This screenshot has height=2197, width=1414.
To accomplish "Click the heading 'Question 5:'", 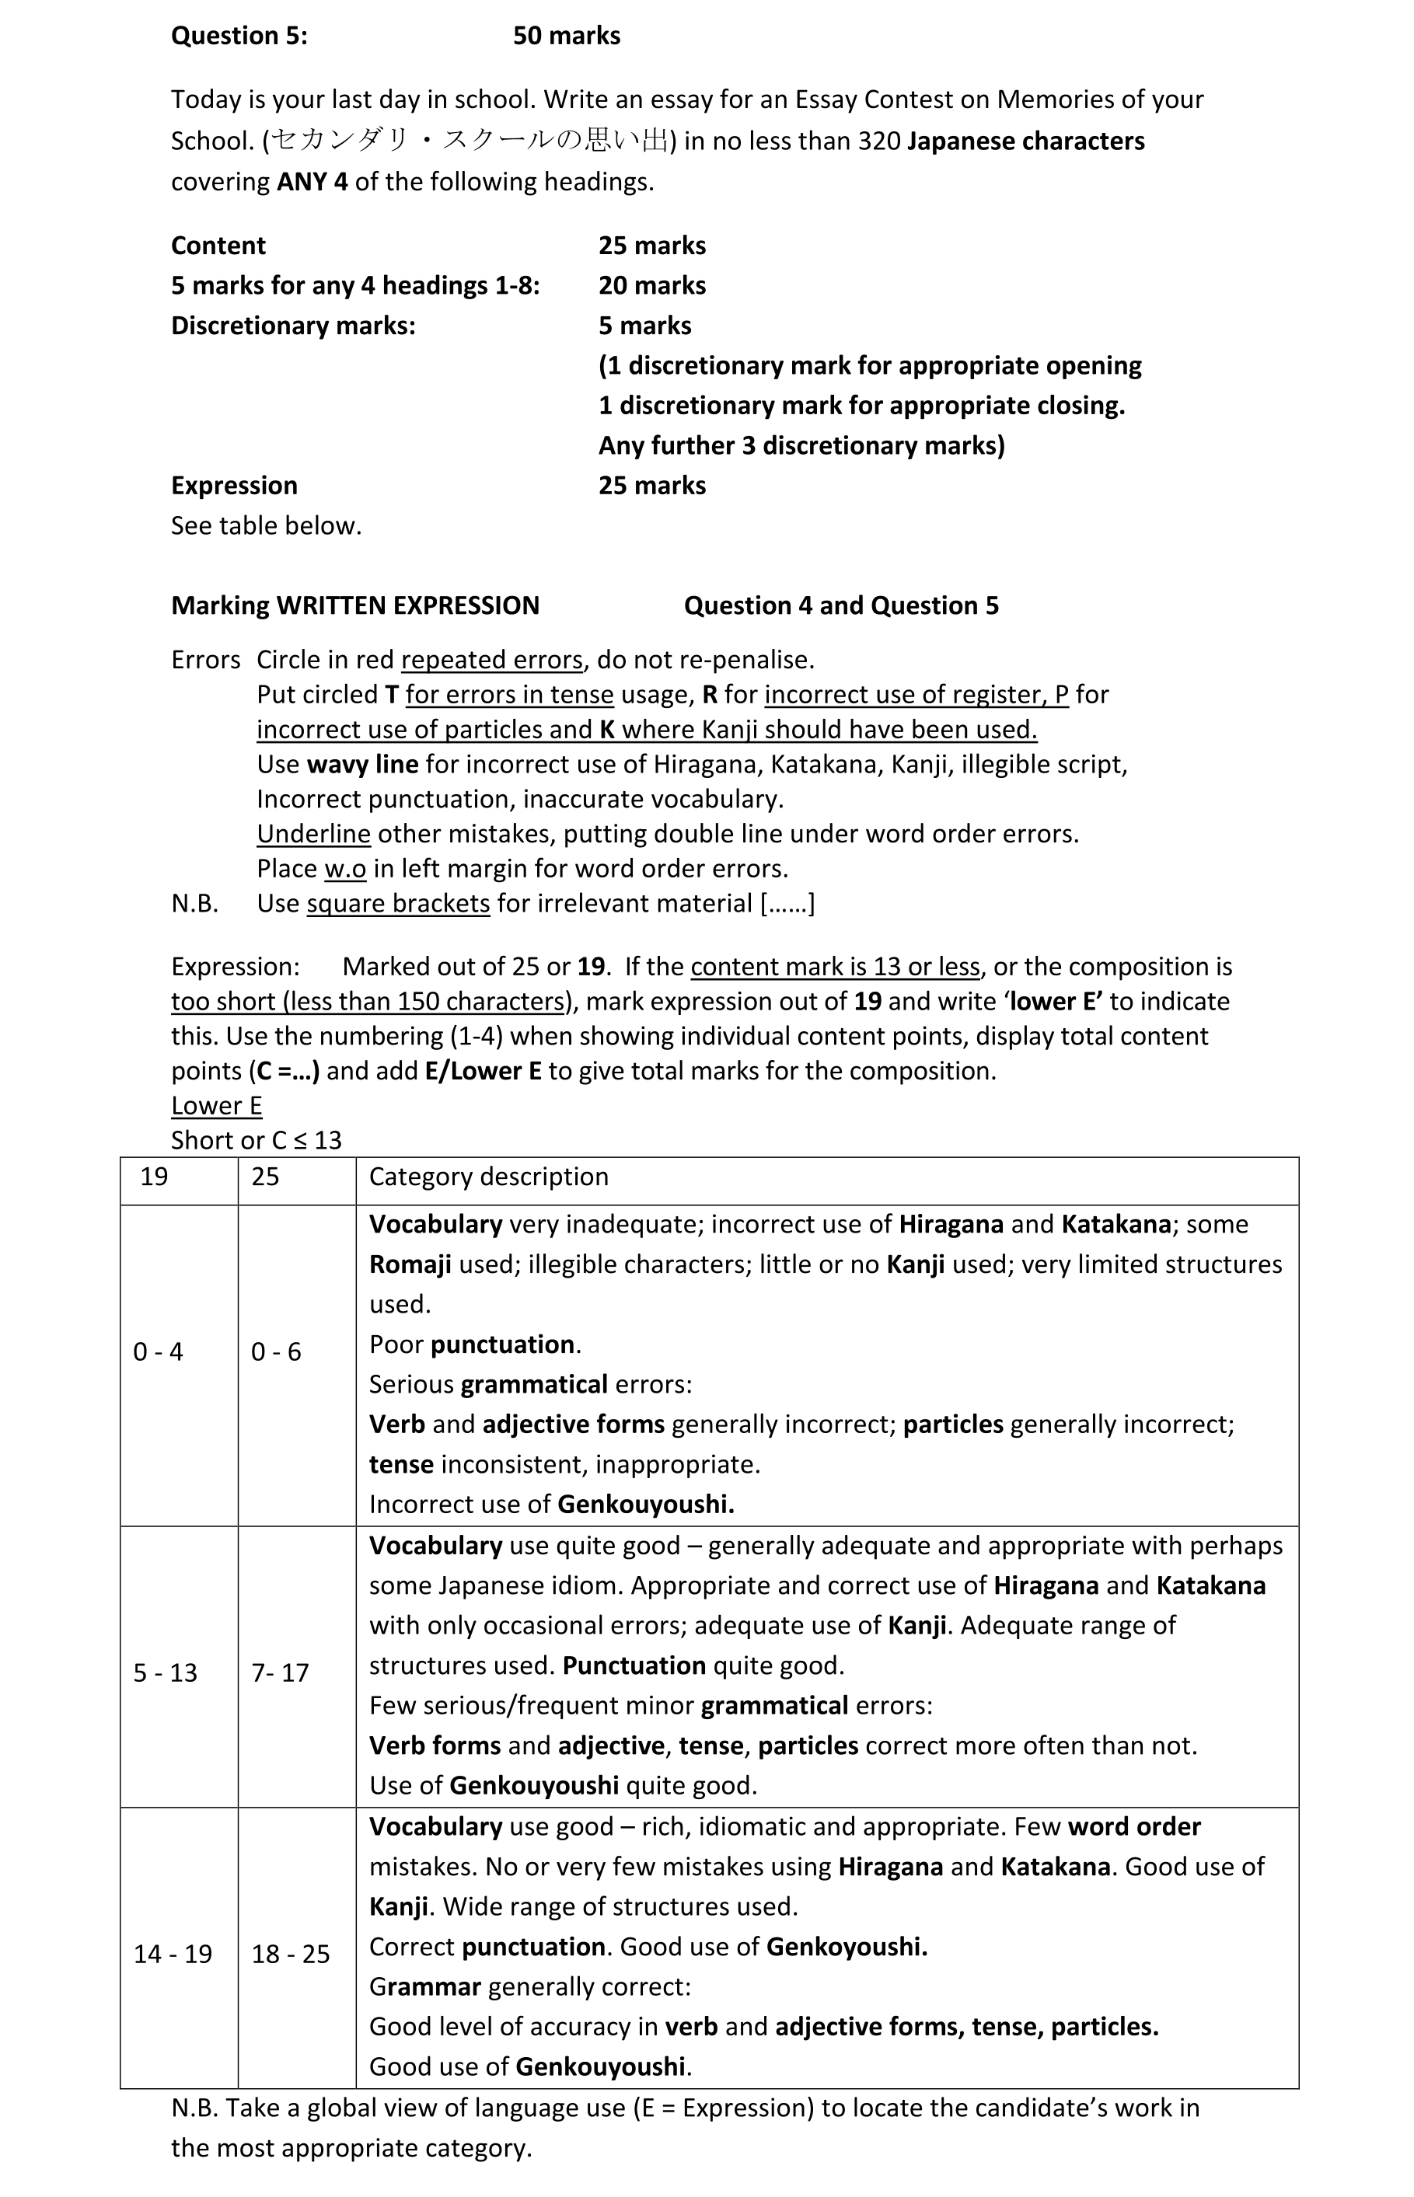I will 239,36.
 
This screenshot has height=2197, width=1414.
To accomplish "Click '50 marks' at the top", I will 567,36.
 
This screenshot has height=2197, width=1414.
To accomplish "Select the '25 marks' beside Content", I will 652,245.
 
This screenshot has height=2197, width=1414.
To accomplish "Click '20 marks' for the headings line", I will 652,285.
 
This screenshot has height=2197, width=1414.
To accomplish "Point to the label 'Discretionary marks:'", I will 293,326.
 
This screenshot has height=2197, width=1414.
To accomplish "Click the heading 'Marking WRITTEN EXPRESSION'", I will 355,605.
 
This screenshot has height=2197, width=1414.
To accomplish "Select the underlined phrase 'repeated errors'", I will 491,660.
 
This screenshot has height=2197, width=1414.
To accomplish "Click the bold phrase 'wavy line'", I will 363,765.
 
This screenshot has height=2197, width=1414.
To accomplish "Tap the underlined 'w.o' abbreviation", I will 345,869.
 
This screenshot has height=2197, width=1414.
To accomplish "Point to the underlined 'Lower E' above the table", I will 216,1106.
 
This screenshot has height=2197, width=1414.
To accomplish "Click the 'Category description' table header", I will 488,1177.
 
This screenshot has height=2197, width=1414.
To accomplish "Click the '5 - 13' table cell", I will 166,1673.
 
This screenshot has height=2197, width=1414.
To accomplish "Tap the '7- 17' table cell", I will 279,1673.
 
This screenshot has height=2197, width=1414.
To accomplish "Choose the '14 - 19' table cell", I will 173,1954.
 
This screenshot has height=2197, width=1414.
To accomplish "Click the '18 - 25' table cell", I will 290,1954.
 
